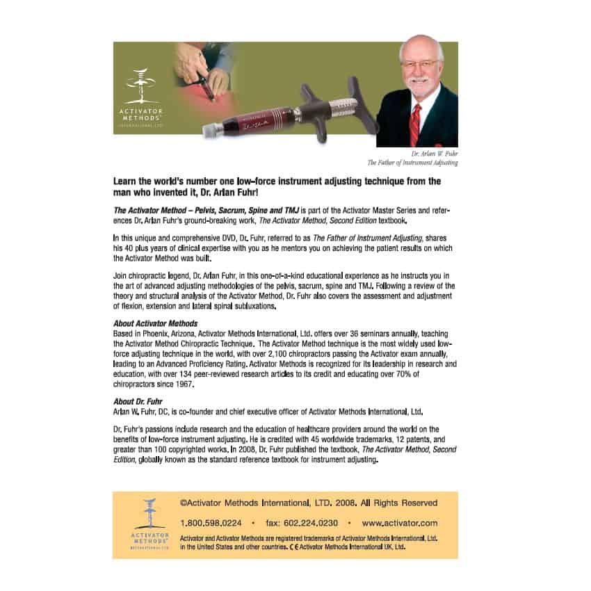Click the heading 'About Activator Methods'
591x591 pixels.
[155, 323]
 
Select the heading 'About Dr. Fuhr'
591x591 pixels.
[139, 401]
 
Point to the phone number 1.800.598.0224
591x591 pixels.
[211, 522]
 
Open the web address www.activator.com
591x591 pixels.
[400, 522]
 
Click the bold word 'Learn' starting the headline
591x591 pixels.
[125, 181]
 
